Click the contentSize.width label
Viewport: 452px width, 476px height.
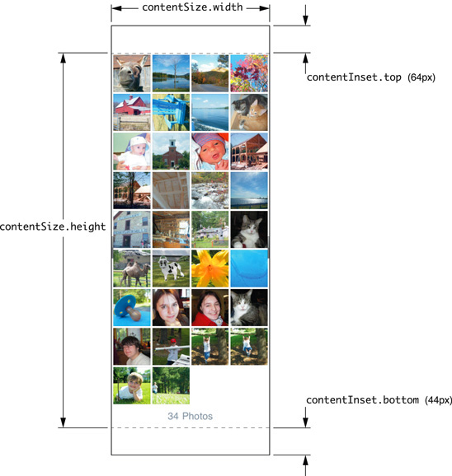pos(192,7)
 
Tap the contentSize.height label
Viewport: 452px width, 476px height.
pos(53,226)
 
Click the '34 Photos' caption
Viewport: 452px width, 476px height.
pos(190,416)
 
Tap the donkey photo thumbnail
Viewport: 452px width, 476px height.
pos(132,73)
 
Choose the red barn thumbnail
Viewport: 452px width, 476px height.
pos(132,112)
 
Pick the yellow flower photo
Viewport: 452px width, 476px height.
pos(210,268)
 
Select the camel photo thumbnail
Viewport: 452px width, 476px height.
pos(132,268)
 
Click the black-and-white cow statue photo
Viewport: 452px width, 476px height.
pos(171,268)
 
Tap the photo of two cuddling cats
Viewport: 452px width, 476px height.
pos(249,112)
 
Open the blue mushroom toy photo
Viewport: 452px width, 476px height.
pos(132,307)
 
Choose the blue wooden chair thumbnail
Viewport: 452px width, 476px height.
pos(171,112)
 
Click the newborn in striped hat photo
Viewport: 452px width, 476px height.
pos(210,152)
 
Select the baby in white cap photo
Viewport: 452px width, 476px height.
pos(132,152)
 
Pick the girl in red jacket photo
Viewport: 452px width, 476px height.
pos(210,307)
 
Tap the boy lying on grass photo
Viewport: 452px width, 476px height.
pos(132,385)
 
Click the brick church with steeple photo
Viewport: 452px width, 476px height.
pos(171,152)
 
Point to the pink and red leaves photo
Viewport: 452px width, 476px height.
pos(249,73)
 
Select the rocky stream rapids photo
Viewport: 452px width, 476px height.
pos(210,190)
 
